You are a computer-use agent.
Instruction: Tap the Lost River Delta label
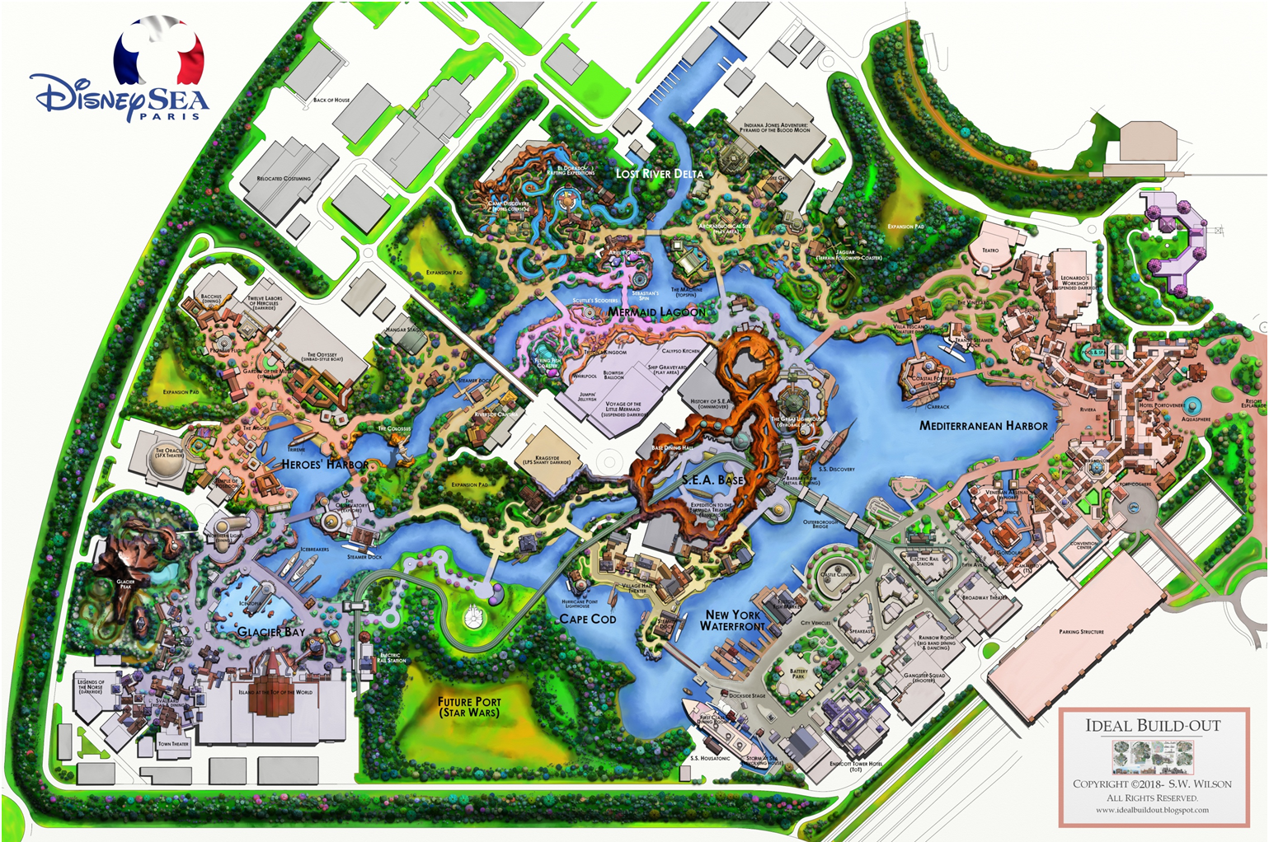(660, 174)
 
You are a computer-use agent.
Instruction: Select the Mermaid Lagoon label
(656, 312)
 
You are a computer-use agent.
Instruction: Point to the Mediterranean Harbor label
(983, 426)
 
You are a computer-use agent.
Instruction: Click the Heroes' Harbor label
(325, 465)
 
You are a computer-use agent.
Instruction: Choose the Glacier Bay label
(271, 632)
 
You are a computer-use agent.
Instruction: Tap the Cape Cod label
(587, 619)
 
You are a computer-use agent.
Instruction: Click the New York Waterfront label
(733, 620)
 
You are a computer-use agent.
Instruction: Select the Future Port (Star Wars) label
(469, 707)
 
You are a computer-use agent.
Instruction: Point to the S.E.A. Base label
(712, 479)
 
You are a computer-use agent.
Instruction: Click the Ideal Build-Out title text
(1152, 726)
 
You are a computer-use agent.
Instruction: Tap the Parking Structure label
(1081, 632)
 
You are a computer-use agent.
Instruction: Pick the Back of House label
(331, 100)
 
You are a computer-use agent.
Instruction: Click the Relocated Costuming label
(284, 178)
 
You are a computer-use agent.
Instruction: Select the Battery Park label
(798, 673)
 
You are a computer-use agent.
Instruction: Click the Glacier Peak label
(125, 583)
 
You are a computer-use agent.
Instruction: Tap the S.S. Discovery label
(837, 469)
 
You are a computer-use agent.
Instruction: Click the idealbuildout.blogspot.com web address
(1152, 810)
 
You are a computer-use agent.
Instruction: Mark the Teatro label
(990, 250)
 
